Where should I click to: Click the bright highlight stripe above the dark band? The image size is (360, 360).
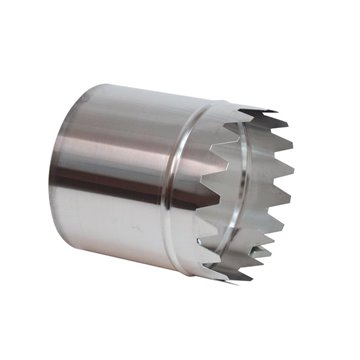(120, 140)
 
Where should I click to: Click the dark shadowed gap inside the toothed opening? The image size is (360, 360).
(255, 200)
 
